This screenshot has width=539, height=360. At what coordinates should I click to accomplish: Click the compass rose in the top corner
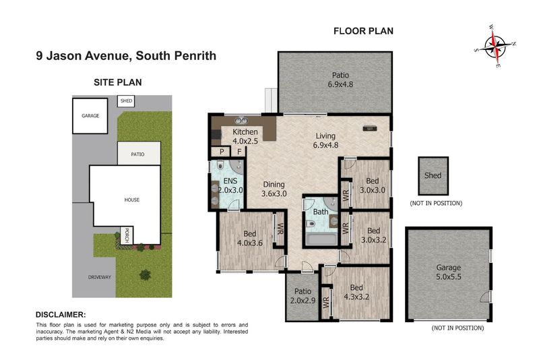(495, 46)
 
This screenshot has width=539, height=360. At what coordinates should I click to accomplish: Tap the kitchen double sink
(241, 121)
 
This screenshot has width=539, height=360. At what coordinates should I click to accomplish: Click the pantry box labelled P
(222, 151)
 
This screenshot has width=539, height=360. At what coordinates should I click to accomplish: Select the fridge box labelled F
(239, 151)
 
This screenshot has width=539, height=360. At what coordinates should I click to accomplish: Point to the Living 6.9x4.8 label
(325, 141)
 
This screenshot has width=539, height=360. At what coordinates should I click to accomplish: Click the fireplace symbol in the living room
(370, 128)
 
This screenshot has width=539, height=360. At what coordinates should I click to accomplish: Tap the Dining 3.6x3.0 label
(274, 189)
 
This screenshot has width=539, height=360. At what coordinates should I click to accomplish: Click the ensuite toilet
(221, 165)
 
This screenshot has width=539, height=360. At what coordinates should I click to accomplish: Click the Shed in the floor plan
(433, 176)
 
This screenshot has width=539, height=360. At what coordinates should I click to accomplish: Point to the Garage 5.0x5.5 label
(449, 272)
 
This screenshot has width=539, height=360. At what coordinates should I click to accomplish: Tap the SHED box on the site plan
(126, 101)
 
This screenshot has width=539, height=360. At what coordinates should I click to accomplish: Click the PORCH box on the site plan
(127, 235)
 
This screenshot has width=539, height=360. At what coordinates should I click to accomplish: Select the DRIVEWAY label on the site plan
(99, 277)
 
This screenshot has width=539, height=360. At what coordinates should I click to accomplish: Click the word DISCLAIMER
(61, 315)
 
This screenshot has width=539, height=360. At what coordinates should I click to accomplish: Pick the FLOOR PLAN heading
(363, 31)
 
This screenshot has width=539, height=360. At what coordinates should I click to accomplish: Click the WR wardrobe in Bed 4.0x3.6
(280, 229)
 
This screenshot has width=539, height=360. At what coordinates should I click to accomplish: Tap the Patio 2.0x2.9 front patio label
(303, 296)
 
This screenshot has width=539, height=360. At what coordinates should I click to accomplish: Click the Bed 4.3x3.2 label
(356, 293)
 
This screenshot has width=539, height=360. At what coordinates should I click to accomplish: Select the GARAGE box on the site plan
(90, 116)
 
